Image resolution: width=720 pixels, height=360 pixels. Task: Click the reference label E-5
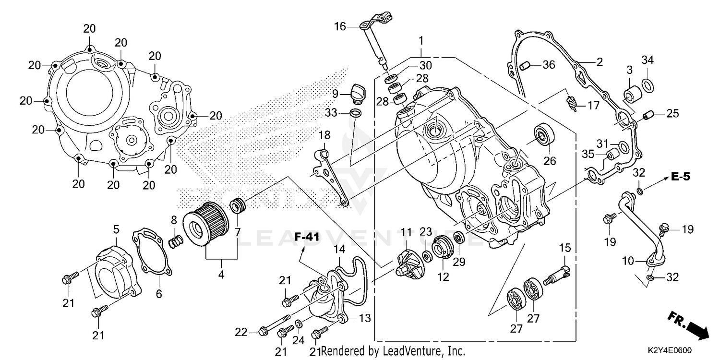click(680, 177)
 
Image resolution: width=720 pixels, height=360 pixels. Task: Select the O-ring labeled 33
click(355, 113)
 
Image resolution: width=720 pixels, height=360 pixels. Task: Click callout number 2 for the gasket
click(600, 61)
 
